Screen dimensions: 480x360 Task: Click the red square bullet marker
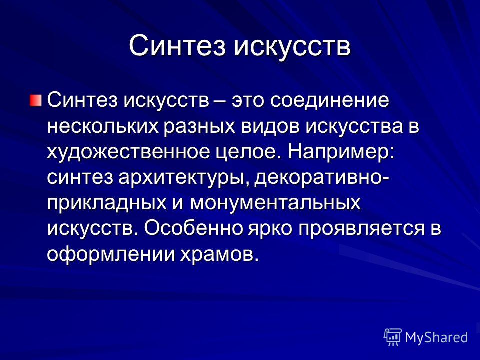tap(35, 100)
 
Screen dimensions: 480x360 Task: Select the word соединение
tap(329, 100)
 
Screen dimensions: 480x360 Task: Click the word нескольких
tap(103, 126)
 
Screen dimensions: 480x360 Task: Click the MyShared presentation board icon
tap(393, 337)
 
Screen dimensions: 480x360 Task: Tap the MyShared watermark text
tap(436, 337)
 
